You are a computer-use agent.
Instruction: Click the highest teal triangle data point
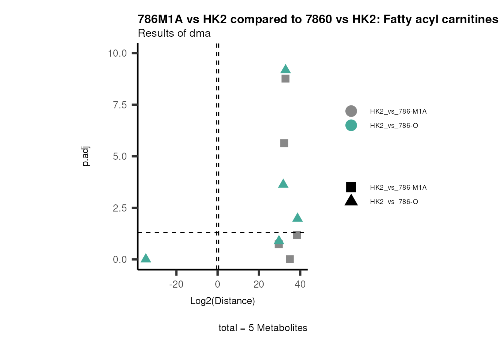(x=285, y=69)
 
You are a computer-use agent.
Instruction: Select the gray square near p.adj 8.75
(x=285, y=79)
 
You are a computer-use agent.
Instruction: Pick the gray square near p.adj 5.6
(x=284, y=143)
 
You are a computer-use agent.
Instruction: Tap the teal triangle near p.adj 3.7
(x=283, y=184)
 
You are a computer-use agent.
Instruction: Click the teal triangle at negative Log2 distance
(x=146, y=258)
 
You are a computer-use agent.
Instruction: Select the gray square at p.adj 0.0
(x=289, y=259)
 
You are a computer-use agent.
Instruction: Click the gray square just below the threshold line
(x=297, y=235)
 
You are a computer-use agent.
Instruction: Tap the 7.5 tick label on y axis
(x=120, y=105)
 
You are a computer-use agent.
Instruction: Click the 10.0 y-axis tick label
(x=117, y=53)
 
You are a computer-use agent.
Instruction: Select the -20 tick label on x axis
(x=176, y=284)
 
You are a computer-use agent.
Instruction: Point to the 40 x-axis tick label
(x=300, y=284)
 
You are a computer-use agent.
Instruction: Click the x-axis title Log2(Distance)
(x=222, y=301)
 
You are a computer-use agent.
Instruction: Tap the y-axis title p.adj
(x=86, y=156)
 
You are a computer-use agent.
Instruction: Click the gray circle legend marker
(x=351, y=111)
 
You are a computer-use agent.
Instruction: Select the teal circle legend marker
(x=351, y=125)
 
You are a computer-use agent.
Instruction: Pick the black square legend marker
(x=351, y=187)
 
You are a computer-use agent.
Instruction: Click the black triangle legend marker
(x=351, y=201)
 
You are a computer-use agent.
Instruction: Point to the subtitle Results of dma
(x=174, y=33)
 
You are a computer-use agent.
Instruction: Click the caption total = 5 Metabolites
(x=263, y=328)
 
